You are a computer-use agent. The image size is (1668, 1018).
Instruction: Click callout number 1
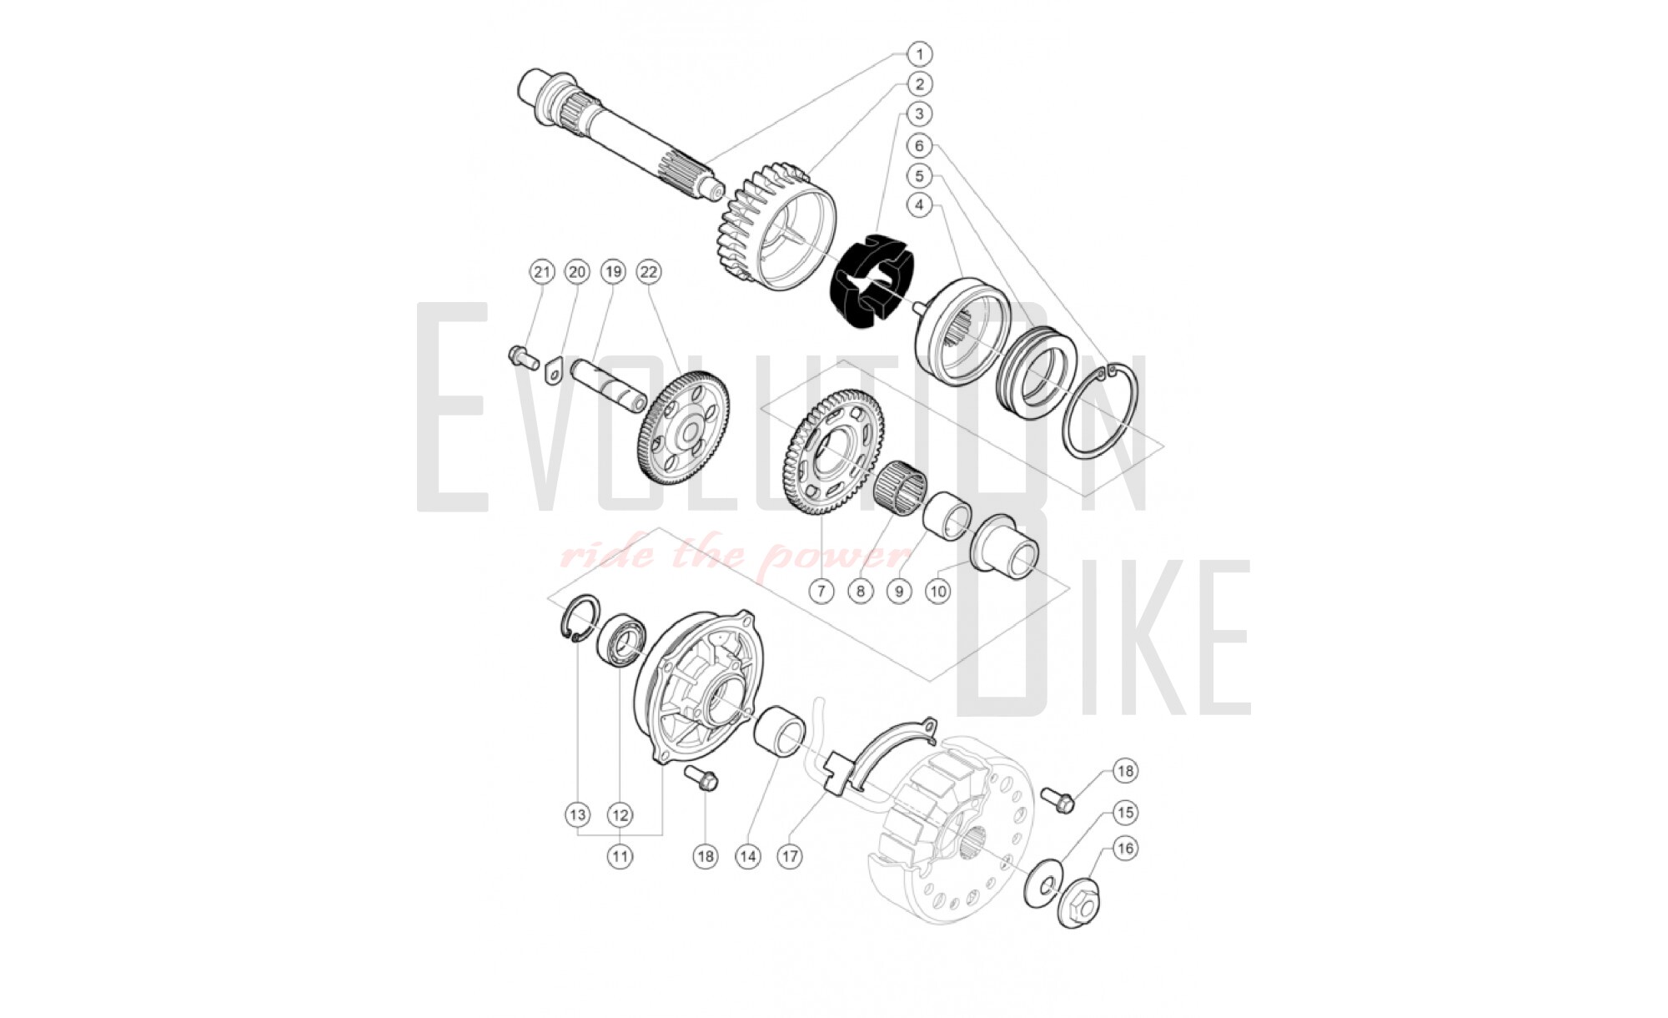coord(919,54)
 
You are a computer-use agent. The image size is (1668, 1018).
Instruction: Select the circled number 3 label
coord(919,114)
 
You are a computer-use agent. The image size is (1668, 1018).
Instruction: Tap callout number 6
coord(919,146)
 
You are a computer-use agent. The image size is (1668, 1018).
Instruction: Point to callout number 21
coord(542,272)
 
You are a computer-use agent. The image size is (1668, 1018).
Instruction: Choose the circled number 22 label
coord(648,272)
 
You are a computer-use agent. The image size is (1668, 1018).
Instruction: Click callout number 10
coord(938,592)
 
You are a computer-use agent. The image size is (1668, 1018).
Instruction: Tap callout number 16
coord(1125,849)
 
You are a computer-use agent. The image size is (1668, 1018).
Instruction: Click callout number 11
coord(620,856)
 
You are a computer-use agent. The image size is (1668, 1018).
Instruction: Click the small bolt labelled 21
coord(522,356)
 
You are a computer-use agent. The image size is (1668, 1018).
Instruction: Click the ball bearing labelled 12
coord(621,641)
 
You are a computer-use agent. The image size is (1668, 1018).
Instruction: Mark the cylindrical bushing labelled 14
coord(781,732)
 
